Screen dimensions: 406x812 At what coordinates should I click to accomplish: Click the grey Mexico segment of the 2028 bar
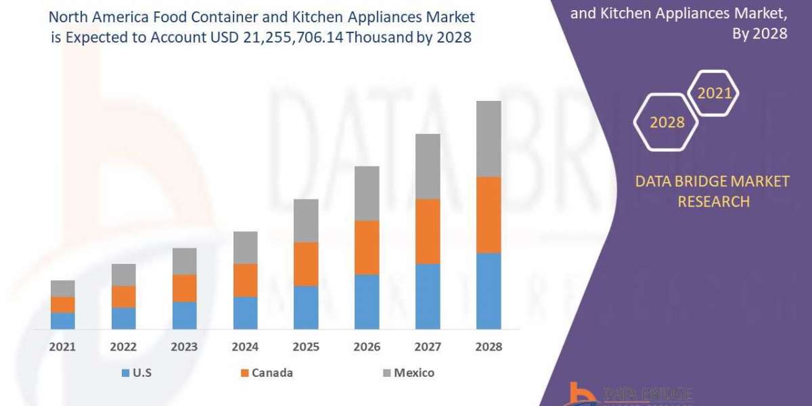(489, 139)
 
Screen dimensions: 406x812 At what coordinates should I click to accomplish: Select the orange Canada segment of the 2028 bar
(489, 215)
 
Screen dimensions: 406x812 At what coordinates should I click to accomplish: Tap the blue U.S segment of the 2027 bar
(428, 296)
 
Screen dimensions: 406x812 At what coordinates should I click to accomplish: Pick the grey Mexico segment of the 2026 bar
(367, 193)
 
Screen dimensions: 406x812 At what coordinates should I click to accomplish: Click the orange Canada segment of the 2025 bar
(306, 264)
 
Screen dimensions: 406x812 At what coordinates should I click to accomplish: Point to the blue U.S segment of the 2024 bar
(245, 313)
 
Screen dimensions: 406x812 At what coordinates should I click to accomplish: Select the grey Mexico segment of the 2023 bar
(184, 261)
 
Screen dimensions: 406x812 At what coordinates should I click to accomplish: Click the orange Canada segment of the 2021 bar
(62, 304)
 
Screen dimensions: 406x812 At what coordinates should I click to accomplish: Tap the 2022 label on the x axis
(123, 346)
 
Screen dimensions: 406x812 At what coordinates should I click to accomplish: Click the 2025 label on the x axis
(306, 346)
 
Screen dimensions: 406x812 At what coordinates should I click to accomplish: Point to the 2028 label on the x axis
(489, 346)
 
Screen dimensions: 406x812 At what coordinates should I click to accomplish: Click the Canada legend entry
(267, 373)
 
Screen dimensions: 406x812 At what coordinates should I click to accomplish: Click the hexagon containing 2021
(713, 93)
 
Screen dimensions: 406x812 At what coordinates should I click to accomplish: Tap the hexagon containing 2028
(667, 122)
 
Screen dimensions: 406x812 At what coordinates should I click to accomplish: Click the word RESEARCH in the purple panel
(713, 201)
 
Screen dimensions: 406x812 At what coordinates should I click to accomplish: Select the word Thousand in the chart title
(378, 39)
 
